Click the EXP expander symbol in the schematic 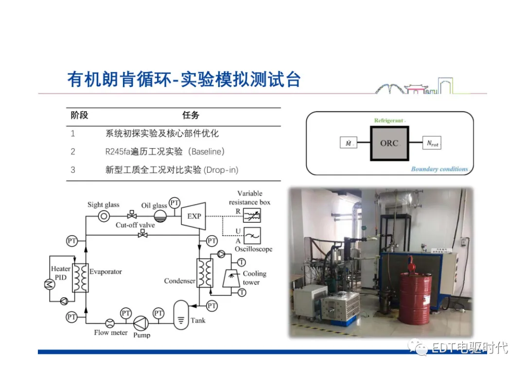click(194, 216)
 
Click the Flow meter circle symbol click(110, 323)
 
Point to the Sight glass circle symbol click(104, 216)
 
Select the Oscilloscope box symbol click(252, 236)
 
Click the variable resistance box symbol click(252, 215)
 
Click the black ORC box click(389, 143)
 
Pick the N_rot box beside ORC click(432, 143)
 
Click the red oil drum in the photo click(416, 297)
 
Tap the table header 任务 click(191, 116)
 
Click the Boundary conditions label click(439, 169)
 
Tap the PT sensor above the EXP click(175, 202)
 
